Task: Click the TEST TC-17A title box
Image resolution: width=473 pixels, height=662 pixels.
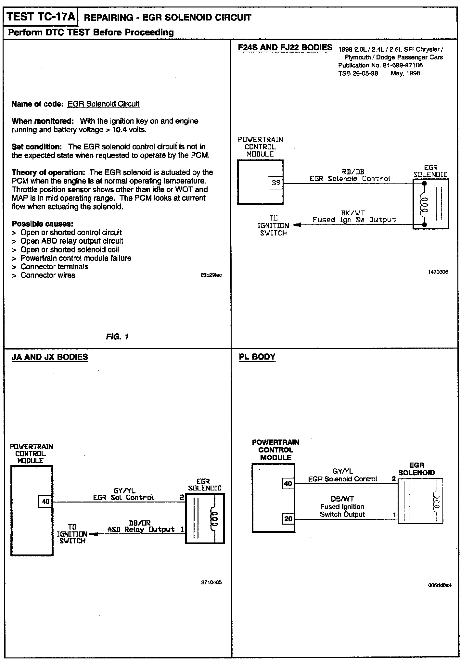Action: tap(41, 17)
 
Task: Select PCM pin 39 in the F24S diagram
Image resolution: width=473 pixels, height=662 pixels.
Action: tap(276, 183)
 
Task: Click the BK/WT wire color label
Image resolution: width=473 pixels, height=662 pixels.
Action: tap(353, 213)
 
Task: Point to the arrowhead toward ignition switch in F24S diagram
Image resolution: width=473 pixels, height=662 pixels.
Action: tap(297, 225)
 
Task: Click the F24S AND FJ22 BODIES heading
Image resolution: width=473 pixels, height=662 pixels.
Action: tap(285, 47)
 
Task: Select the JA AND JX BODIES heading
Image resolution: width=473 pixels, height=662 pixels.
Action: tap(50, 357)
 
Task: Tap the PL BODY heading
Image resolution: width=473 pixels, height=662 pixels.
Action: tap(257, 357)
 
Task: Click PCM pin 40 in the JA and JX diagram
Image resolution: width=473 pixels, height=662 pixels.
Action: tap(45, 502)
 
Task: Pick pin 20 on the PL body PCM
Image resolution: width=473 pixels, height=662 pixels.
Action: tap(288, 519)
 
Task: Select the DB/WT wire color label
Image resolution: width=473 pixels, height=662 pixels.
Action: tap(342, 499)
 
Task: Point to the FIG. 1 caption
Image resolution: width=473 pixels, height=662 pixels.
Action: tap(117, 337)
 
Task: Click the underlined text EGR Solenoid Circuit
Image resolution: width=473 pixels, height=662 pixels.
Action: tap(103, 104)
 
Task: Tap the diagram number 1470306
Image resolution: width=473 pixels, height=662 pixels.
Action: tap(438, 272)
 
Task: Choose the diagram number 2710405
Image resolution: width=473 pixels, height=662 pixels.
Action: tap(211, 582)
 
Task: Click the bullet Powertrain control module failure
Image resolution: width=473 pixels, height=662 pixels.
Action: tap(76, 258)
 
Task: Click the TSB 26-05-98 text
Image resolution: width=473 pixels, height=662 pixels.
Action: tap(358, 73)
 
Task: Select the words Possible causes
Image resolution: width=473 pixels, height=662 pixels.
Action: tap(42, 224)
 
